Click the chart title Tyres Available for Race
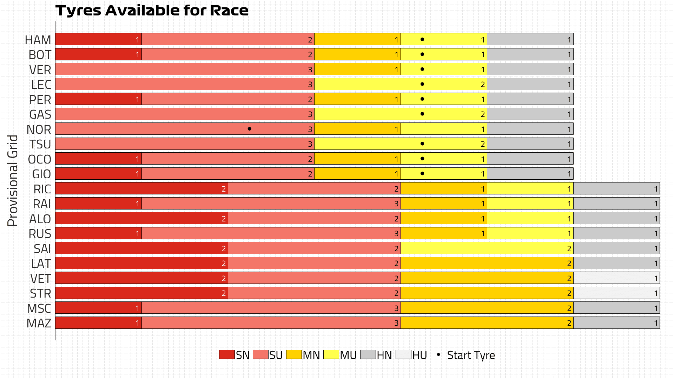[x=152, y=11]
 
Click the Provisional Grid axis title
[x=13, y=180]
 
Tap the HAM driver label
[x=38, y=40]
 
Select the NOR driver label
[x=39, y=129]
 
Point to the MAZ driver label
[x=39, y=323]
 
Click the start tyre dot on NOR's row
[x=249, y=129]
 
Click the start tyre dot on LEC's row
[x=422, y=84]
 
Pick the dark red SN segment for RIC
[x=141, y=189]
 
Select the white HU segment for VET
[x=616, y=278]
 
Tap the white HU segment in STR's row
[x=616, y=293]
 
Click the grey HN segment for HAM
[x=530, y=39]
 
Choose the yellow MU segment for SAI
[x=487, y=248]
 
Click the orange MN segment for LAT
[x=487, y=263]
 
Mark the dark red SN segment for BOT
[x=98, y=54]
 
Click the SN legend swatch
[x=227, y=354]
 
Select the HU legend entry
[x=411, y=355]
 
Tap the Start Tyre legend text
[x=471, y=355]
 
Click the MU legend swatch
[x=331, y=354]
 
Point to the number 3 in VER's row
[x=310, y=69]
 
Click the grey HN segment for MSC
[x=616, y=308]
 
